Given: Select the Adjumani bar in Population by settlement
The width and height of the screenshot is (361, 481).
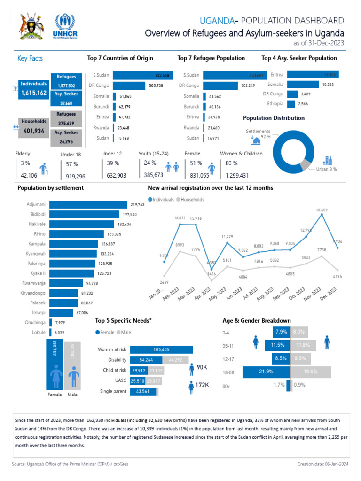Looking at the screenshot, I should [88, 204].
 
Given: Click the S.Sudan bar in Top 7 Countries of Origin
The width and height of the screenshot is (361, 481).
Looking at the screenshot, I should [143, 75].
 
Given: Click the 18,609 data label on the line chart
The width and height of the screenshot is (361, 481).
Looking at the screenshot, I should [322, 209].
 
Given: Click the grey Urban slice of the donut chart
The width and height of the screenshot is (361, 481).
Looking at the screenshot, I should [306, 163].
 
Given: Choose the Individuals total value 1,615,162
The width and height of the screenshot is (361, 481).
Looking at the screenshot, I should [34, 93].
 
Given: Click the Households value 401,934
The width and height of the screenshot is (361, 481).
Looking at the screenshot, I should [34, 131].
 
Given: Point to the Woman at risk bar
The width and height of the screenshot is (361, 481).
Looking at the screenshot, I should [161, 349].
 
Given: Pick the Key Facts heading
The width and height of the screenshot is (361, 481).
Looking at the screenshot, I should [30, 58].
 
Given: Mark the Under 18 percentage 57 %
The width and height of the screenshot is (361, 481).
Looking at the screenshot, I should [72, 164].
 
